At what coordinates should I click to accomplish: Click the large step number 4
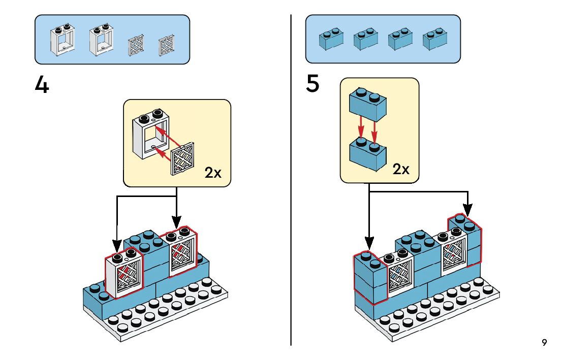click(x=42, y=85)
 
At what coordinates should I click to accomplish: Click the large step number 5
click(x=313, y=84)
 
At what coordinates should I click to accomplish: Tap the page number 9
click(x=544, y=343)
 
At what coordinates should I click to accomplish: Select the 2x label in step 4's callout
click(x=213, y=173)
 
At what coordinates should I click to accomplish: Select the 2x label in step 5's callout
click(x=401, y=169)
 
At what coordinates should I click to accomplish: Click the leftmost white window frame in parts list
click(x=62, y=40)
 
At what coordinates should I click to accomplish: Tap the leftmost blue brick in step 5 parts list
click(x=330, y=39)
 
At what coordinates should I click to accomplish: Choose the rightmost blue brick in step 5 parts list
click(x=435, y=39)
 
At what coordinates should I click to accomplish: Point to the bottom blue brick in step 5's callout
click(x=367, y=153)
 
